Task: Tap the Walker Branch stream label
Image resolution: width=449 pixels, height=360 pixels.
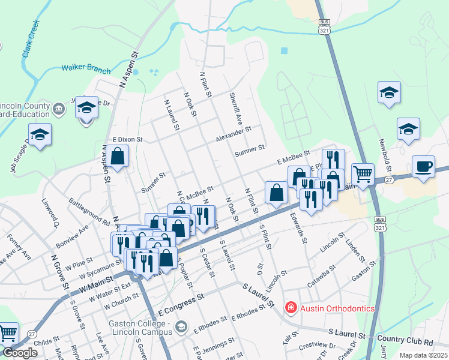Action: point(86,68)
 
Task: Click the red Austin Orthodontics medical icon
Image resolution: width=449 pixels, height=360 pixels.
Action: point(291,308)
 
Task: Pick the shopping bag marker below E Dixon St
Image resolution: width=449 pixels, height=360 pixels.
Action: point(119,157)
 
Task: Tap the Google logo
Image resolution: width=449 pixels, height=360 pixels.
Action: point(20,353)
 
